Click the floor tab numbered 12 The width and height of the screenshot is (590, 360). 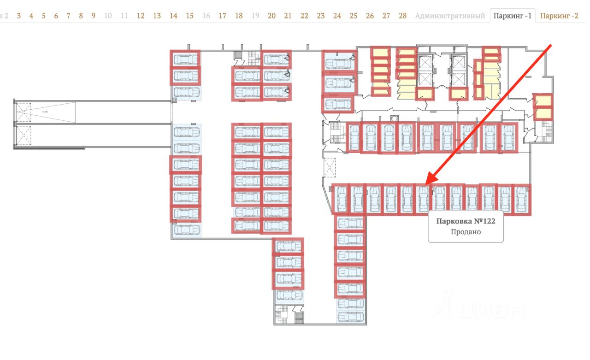point(141,16)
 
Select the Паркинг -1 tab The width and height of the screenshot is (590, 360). point(512,16)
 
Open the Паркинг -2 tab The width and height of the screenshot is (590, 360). point(559,16)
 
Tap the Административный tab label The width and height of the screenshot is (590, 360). point(450,16)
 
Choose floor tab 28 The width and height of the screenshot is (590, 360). point(402,16)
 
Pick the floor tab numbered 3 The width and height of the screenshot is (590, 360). point(19,16)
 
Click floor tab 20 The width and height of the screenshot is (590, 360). point(271,16)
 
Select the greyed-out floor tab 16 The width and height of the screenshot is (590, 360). point(206,16)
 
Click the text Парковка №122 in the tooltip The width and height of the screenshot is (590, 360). point(466,221)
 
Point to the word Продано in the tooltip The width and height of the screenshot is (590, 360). point(466,232)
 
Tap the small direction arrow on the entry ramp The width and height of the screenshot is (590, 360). point(45,112)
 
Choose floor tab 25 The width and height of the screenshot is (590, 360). point(353,16)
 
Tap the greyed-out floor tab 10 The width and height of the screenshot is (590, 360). point(108,16)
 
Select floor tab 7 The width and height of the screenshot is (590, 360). point(68,16)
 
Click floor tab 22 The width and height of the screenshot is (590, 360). point(304,16)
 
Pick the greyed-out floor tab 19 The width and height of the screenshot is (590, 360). point(255,16)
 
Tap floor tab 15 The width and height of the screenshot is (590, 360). point(189,16)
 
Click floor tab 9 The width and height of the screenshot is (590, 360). point(93,16)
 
